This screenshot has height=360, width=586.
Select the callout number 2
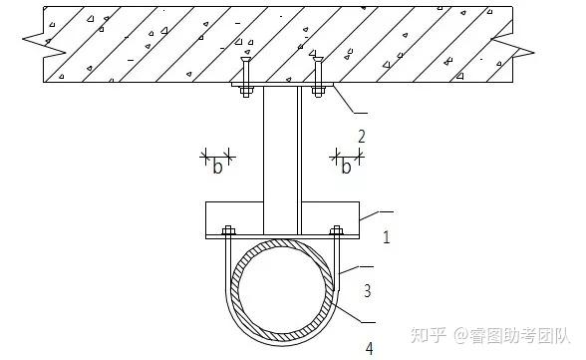pos(362,136)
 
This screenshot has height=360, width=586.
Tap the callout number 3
pos(367,291)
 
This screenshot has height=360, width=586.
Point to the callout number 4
pos(369,347)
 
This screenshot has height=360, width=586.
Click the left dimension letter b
pos(216,166)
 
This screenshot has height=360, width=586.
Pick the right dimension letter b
pos(347,166)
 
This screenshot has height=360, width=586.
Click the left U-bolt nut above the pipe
pos(227,230)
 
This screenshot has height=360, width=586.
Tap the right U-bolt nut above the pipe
pos(336,230)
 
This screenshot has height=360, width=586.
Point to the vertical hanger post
pos(281,150)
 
